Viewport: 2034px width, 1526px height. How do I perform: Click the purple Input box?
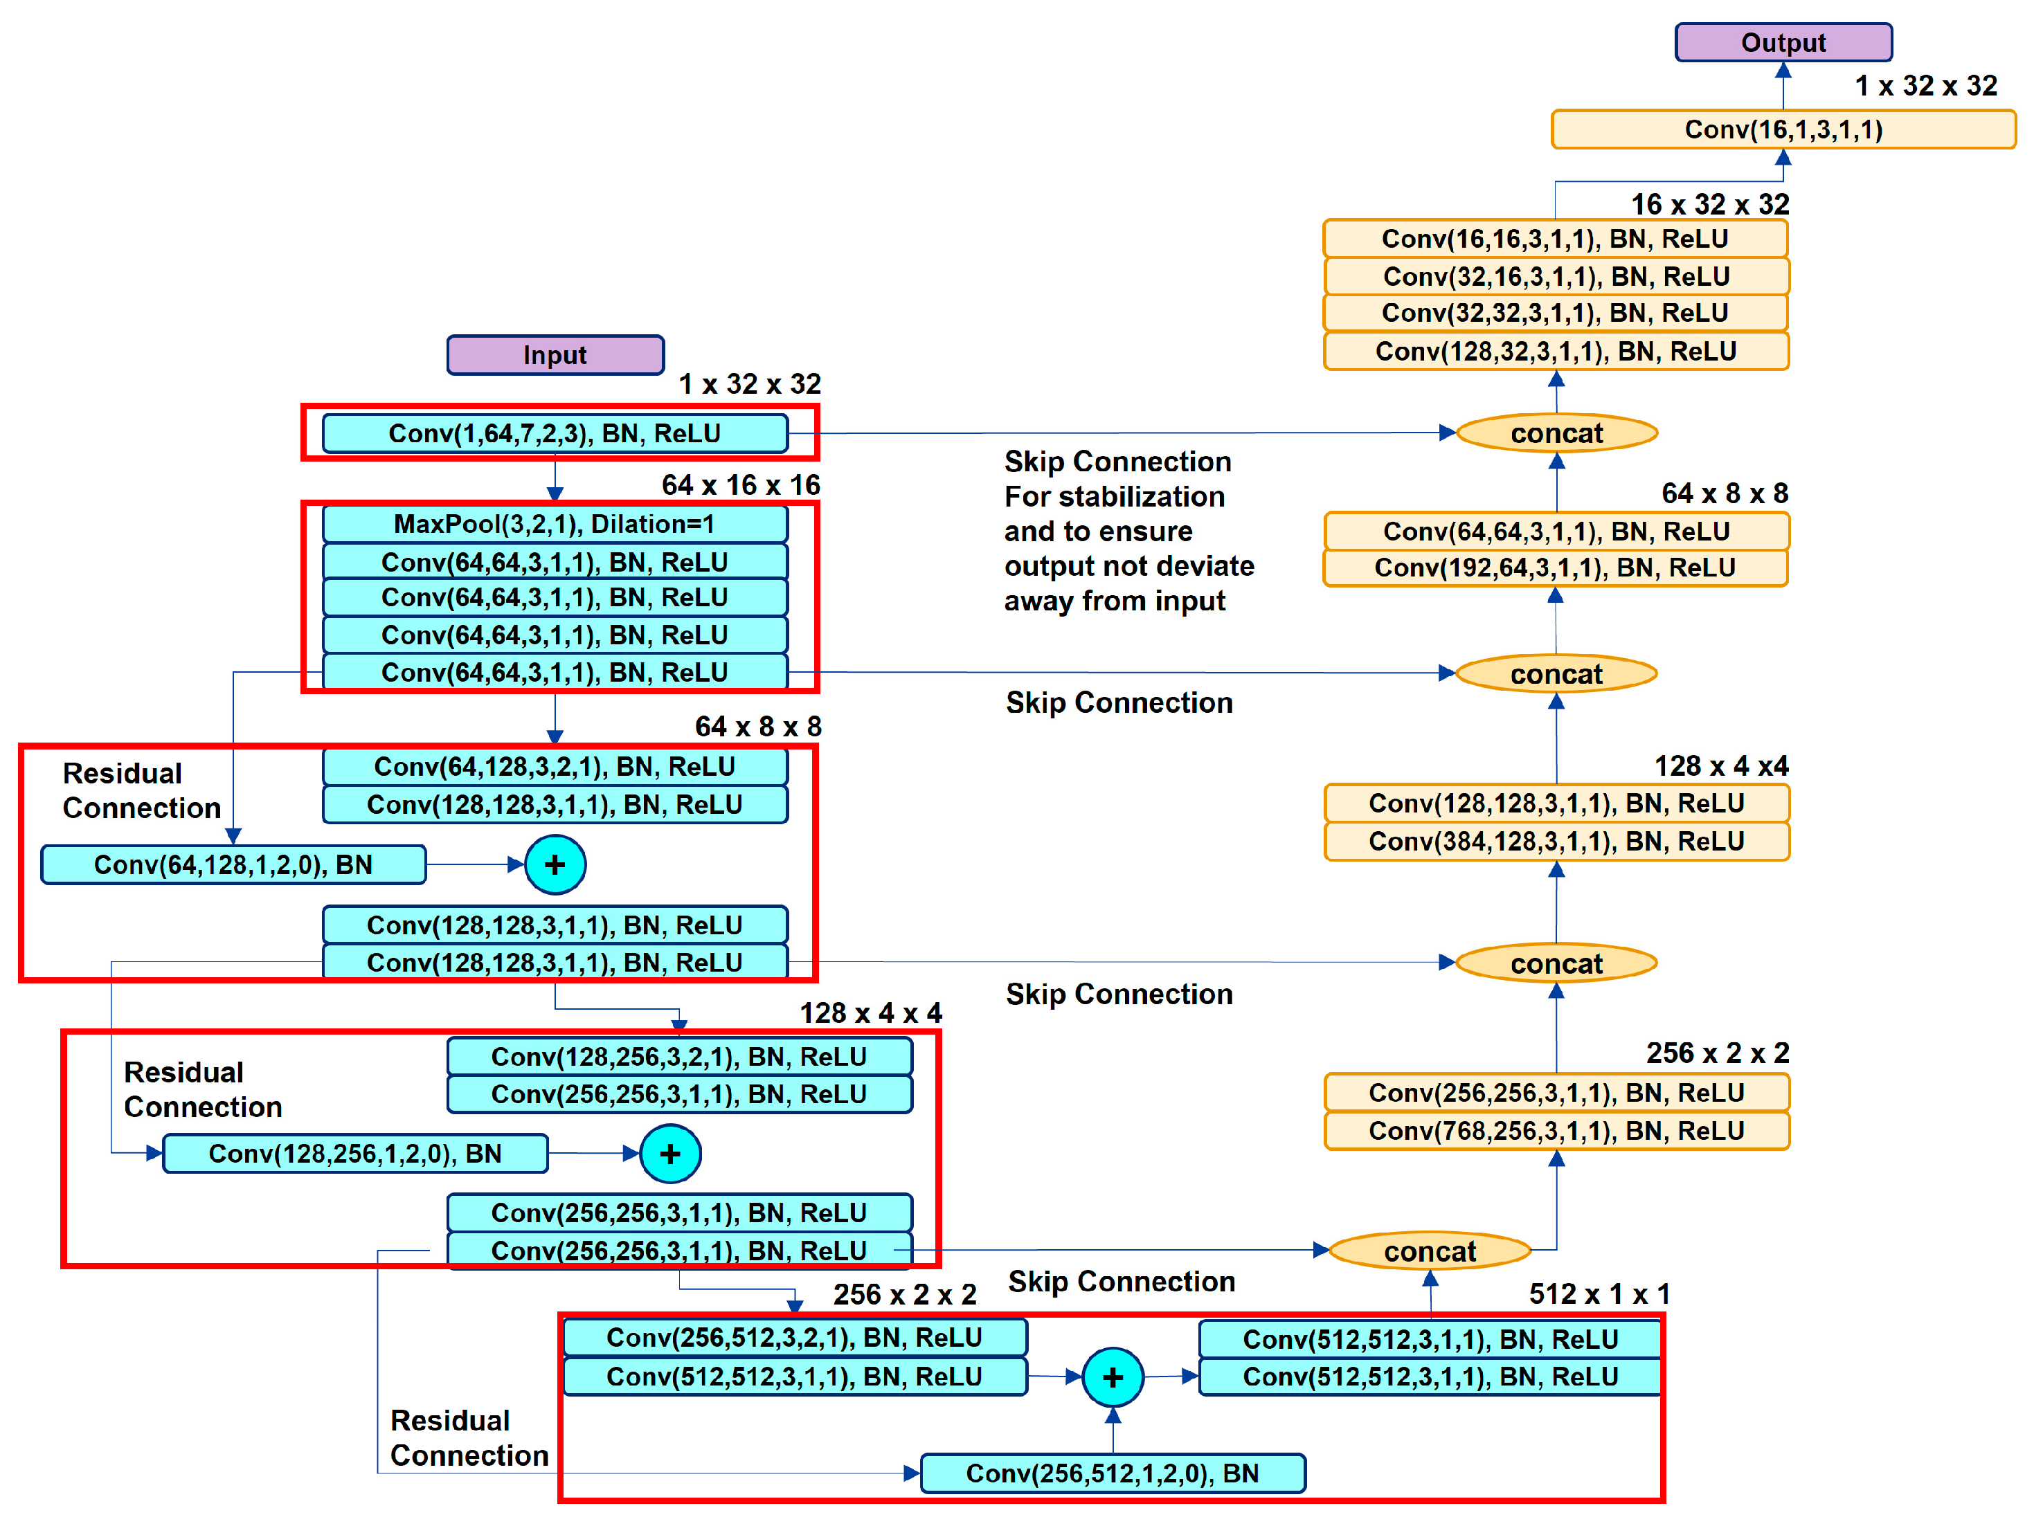[x=555, y=355]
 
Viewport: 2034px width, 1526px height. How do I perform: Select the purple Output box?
[x=1782, y=42]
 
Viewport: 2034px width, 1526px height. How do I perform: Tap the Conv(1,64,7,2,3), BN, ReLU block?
[x=555, y=433]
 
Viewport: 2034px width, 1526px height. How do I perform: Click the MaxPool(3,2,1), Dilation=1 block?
[x=555, y=524]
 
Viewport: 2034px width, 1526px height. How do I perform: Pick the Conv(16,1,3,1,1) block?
[x=1782, y=129]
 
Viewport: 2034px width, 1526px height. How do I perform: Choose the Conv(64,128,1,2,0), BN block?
[x=233, y=865]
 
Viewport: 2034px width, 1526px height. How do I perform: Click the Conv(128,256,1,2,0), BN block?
[x=355, y=1154]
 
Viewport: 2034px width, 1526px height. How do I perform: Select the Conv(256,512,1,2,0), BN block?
[x=1112, y=1473]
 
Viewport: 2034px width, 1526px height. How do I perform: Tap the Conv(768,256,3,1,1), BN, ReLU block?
[x=1556, y=1131]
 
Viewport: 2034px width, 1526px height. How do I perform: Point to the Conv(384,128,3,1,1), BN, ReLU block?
[x=1556, y=841]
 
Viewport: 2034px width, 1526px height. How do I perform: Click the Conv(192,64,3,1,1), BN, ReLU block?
[x=1555, y=568]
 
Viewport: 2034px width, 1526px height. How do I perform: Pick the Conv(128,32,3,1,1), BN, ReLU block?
[x=1556, y=351]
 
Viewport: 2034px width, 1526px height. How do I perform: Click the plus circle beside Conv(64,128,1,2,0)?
[x=555, y=865]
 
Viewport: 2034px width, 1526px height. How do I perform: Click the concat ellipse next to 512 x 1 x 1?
[x=1429, y=1251]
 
